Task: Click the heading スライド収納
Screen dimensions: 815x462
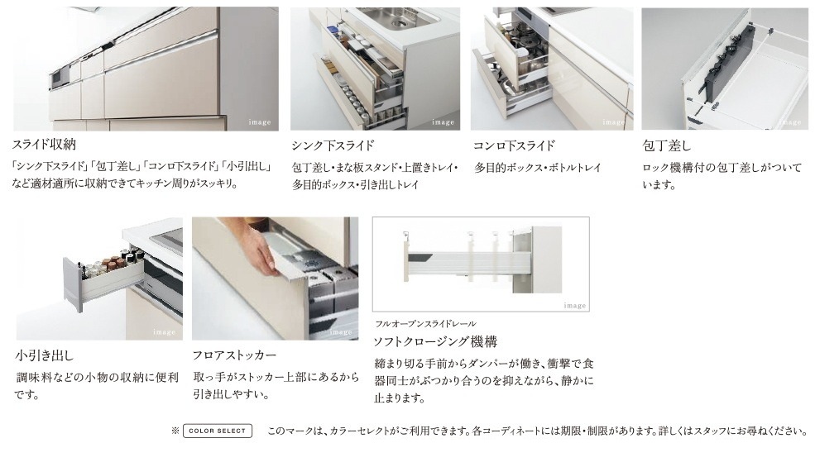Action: click(x=44, y=144)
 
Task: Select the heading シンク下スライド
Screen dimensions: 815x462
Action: click(x=333, y=145)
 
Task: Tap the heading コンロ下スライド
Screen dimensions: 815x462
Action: click(x=514, y=145)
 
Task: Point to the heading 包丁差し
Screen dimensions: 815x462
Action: click(x=667, y=145)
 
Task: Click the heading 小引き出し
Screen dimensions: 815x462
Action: click(x=44, y=355)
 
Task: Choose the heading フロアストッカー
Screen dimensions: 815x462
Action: click(x=234, y=355)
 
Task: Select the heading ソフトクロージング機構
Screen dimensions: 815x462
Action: click(x=435, y=341)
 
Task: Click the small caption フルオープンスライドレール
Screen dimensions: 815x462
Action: click(x=425, y=324)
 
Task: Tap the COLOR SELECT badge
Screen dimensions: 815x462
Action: click(x=218, y=431)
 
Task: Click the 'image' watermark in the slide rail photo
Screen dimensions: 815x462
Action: click(x=575, y=305)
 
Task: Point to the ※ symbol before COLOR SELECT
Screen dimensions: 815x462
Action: click(x=175, y=431)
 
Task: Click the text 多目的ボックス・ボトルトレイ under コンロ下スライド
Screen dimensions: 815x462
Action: click(x=538, y=168)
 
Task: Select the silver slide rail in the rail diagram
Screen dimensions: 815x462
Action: click(x=467, y=263)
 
